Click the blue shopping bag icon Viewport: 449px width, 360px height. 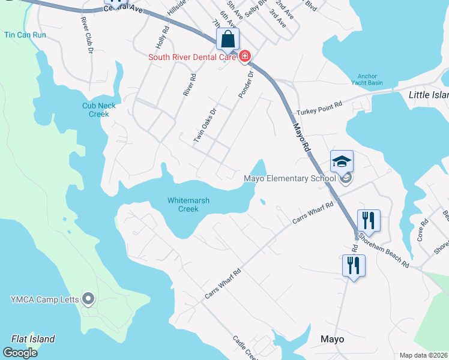(228, 40)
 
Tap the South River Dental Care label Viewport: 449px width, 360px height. (193, 57)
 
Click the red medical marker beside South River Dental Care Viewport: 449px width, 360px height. (244, 57)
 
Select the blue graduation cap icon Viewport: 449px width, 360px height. (342, 161)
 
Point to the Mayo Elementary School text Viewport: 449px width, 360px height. (289, 178)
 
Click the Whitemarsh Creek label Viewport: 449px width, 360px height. (188, 205)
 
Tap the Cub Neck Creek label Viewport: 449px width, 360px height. (99, 110)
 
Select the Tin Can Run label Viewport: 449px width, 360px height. (25, 35)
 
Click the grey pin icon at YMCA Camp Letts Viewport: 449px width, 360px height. (88, 298)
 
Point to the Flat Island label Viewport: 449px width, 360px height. (33, 339)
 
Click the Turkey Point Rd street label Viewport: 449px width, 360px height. (319, 109)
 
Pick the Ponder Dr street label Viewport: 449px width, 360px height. (246, 85)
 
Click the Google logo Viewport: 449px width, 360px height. (20, 352)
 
